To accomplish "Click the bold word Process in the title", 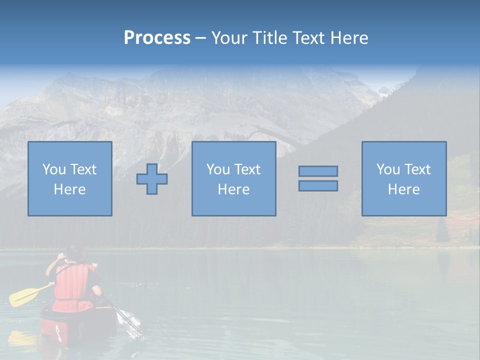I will coord(157,38).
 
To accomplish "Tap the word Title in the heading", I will coord(270,38).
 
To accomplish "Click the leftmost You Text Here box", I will coord(70,178).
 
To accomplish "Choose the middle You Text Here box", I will coord(233,178).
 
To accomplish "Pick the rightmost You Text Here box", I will coord(403,178).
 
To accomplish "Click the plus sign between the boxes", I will coord(152,178).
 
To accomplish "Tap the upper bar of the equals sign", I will coord(318,171).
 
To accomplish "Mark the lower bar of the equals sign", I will coord(318,185).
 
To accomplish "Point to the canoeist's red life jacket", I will coord(73,282).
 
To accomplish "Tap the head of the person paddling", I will coord(74,253).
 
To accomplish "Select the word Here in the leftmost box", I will coord(70,189).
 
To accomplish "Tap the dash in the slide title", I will coord(200,38).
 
